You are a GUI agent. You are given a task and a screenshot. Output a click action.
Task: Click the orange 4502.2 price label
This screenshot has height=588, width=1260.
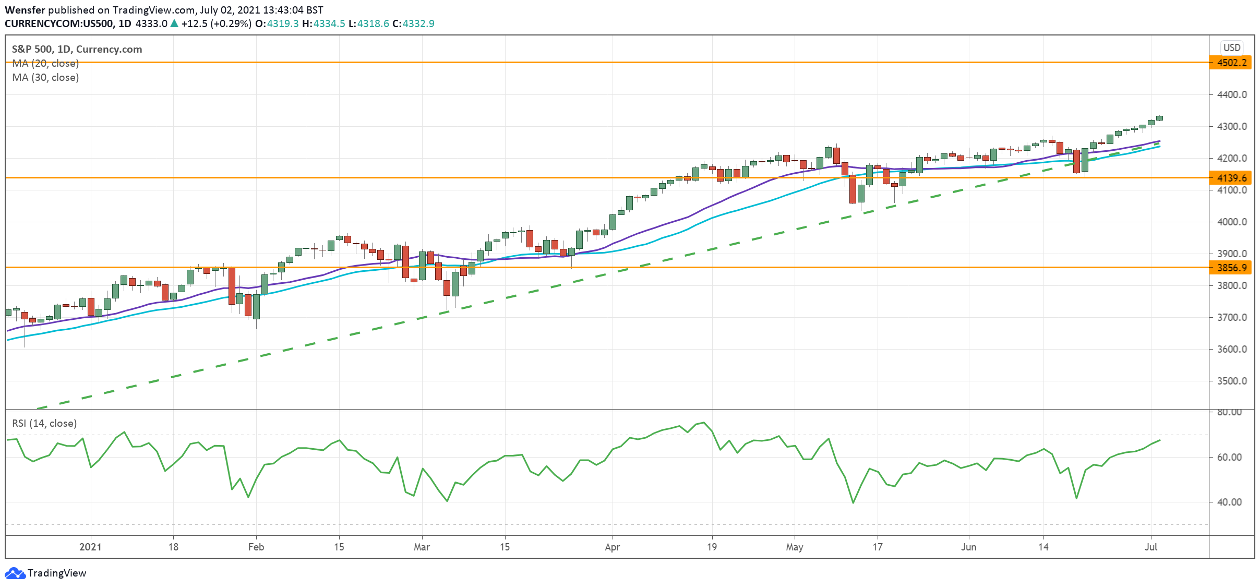[1231, 63]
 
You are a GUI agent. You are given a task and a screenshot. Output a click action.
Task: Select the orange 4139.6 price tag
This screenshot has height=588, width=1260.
[1231, 178]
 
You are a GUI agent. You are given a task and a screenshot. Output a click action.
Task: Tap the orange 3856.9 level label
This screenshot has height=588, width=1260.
[1231, 268]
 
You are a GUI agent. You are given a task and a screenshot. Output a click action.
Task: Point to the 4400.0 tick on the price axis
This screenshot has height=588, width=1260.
[1232, 95]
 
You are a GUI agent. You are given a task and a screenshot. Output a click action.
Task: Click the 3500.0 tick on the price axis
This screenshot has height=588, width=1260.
[1232, 381]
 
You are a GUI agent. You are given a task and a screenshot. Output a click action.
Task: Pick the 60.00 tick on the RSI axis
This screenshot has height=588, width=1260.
[1229, 458]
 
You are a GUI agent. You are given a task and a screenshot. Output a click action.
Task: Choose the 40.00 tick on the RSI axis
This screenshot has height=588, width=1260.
[1229, 502]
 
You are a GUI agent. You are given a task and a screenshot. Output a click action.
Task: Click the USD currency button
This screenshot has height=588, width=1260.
[1232, 47]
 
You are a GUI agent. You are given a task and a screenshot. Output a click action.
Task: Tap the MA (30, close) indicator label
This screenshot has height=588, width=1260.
[45, 78]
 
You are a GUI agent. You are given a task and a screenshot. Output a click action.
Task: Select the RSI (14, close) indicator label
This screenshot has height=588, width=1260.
[44, 424]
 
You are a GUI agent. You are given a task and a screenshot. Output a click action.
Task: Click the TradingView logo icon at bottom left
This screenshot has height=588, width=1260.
[15, 573]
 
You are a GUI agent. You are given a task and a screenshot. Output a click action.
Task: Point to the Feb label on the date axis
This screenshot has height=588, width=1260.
[256, 547]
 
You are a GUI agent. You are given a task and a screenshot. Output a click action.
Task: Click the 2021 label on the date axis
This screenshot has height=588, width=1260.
[90, 547]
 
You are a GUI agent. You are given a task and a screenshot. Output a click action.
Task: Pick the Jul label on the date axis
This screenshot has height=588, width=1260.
[1151, 547]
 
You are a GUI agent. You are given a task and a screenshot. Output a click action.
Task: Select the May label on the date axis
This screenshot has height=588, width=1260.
[795, 547]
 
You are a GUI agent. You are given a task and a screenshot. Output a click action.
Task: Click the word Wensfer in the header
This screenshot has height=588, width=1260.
[25, 10]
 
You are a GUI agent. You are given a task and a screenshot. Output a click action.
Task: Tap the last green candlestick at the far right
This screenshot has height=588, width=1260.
[1159, 118]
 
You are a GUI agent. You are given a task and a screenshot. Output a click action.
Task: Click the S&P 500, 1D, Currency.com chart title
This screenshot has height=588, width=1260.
[77, 50]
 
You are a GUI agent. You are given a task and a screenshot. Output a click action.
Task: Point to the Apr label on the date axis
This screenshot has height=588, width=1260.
[612, 547]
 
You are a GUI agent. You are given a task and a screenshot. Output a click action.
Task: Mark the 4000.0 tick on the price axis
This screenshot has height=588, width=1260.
[1232, 222]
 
